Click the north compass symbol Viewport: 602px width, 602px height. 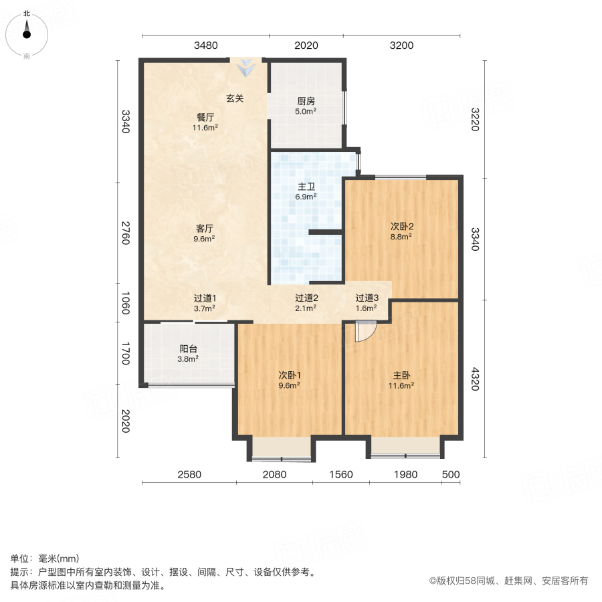(x=27, y=35)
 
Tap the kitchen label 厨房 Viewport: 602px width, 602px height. (x=306, y=101)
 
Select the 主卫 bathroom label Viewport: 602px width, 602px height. (x=306, y=187)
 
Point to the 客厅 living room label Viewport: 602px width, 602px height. (x=204, y=229)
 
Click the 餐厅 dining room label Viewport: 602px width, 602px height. (x=205, y=117)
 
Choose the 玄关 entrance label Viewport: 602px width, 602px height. (x=235, y=98)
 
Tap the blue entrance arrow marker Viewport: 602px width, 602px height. (x=245, y=68)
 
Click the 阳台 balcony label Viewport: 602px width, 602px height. (x=188, y=348)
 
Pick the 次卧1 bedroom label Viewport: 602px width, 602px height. (x=290, y=375)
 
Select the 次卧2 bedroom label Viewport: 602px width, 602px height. (x=401, y=227)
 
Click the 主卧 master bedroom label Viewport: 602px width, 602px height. (x=401, y=375)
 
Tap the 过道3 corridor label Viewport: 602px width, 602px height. (x=367, y=298)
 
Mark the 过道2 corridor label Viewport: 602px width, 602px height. (x=306, y=298)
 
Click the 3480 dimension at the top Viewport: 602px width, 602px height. (x=206, y=45)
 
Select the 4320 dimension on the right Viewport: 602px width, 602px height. (x=476, y=379)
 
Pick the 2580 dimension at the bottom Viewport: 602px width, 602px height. (x=189, y=474)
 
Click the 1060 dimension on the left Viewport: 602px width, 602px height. (x=126, y=303)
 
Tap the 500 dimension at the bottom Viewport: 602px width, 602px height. (x=451, y=474)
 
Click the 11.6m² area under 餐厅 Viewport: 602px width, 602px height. (x=205, y=128)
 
